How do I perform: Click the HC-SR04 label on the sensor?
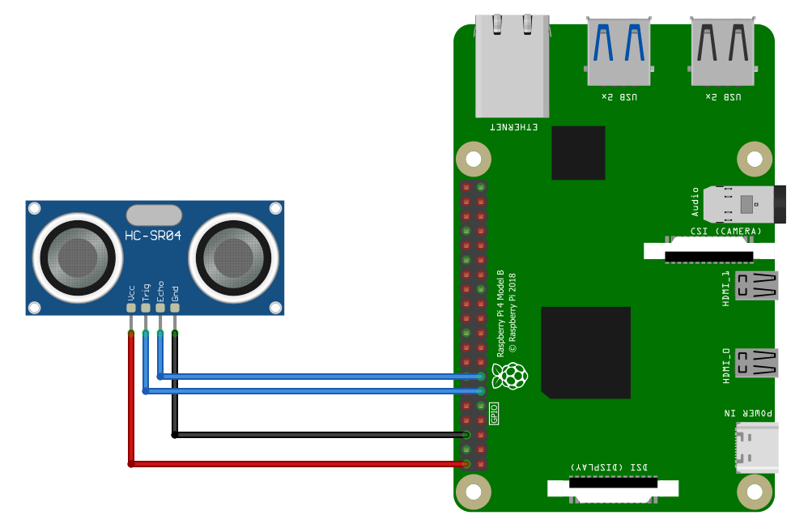(x=154, y=236)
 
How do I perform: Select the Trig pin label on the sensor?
(x=146, y=292)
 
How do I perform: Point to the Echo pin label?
(x=160, y=292)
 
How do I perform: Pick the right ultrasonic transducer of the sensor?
(x=233, y=257)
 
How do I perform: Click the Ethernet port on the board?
(x=512, y=65)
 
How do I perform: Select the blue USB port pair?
(x=619, y=50)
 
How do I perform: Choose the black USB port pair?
(x=723, y=50)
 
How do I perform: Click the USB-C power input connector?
(x=757, y=446)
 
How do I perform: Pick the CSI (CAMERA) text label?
(x=725, y=232)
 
